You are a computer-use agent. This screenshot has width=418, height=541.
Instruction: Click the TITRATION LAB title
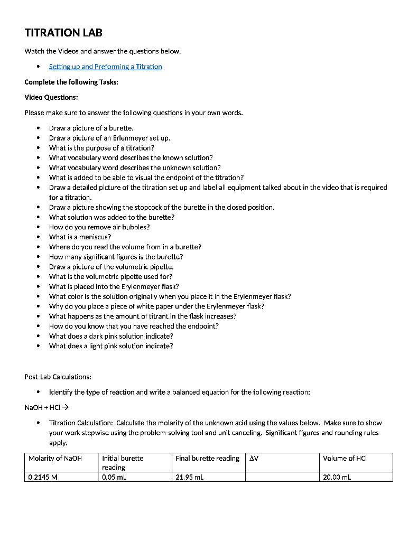click(63, 33)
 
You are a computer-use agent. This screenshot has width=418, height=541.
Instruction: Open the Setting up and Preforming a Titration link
click(105, 67)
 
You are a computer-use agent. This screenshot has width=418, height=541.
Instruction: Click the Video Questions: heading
click(51, 97)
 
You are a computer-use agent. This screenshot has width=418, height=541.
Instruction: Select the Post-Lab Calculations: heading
click(58, 377)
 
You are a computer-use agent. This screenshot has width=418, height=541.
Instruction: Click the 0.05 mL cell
click(114, 477)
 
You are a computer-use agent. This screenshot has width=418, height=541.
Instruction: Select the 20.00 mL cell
click(337, 477)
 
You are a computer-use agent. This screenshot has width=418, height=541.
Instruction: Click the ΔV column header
click(254, 459)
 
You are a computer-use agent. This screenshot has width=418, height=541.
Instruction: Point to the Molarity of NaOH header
click(55, 459)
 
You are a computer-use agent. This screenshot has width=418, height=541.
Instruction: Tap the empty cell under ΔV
click(282, 477)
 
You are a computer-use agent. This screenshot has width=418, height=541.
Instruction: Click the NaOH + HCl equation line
click(47, 408)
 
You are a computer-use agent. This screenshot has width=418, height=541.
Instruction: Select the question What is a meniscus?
click(80, 237)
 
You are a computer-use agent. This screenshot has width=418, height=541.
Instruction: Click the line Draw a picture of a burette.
click(91, 128)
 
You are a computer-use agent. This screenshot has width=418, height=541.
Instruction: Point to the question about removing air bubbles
click(99, 227)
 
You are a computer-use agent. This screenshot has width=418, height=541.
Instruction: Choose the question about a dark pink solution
click(111, 336)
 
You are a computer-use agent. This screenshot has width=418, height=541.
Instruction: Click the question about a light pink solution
click(111, 346)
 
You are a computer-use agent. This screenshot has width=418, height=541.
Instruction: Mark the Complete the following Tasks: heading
click(67, 82)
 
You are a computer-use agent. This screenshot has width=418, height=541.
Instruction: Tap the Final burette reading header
click(207, 459)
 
